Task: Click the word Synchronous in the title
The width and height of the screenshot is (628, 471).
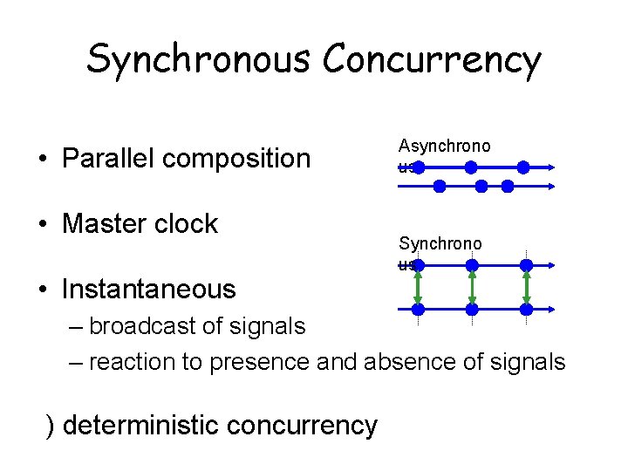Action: click(198, 59)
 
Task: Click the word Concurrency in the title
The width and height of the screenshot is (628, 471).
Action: click(432, 59)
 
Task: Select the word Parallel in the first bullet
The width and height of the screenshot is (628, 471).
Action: click(109, 158)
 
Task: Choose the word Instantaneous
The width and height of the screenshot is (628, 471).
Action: click(149, 289)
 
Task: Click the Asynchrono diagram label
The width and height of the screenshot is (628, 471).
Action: click(444, 147)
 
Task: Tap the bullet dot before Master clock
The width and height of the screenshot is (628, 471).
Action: click(42, 224)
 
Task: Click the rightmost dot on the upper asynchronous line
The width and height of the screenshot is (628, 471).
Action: click(523, 167)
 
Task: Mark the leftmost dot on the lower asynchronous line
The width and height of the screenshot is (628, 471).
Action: click(440, 186)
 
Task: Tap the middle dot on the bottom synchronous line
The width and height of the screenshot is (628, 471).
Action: click(472, 309)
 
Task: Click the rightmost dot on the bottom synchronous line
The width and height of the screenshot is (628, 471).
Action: click(526, 309)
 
